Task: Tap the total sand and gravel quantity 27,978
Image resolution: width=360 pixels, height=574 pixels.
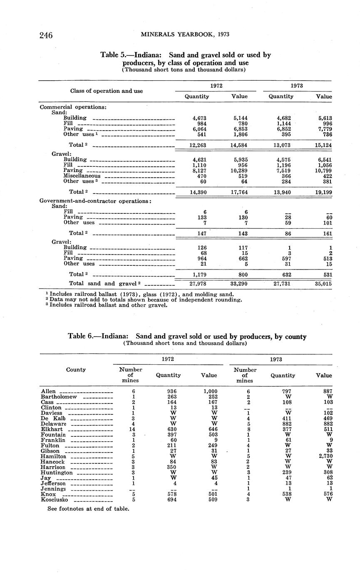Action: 198,283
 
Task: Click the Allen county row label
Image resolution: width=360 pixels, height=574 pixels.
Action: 50,391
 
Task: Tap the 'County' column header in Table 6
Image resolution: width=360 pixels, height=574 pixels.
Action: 76,369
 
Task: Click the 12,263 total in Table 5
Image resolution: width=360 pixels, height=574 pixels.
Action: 198,145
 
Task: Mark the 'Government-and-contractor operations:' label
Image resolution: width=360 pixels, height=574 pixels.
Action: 95,201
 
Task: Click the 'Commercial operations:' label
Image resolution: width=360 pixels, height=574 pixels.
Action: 73,107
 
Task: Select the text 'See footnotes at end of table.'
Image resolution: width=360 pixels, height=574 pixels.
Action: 88,509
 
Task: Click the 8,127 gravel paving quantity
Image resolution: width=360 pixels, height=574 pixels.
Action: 199,171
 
